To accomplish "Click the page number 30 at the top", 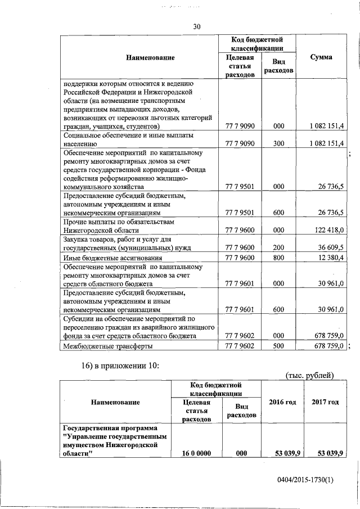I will (196, 26).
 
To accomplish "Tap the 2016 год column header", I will (283, 402).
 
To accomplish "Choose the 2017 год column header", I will (325, 402).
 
